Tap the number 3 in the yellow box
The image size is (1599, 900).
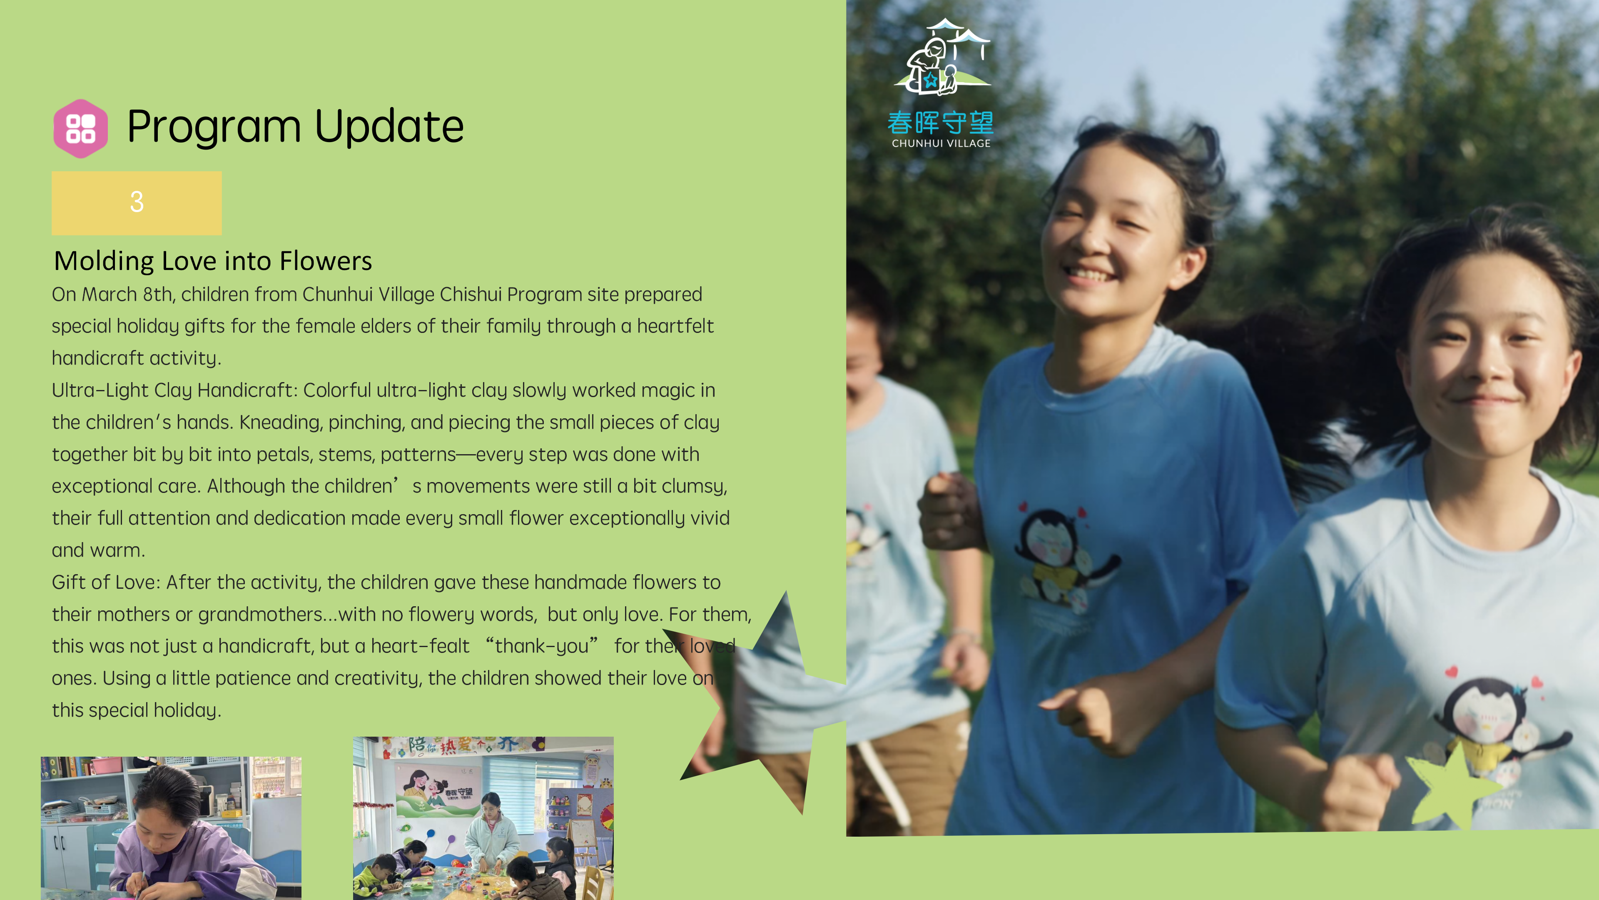point(137,202)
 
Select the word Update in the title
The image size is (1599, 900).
point(389,126)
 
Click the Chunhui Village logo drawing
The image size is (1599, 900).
point(941,57)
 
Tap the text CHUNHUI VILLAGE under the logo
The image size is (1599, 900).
point(941,143)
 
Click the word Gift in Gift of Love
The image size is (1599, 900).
point(71,582)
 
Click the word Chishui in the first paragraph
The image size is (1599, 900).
point(471,295)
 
